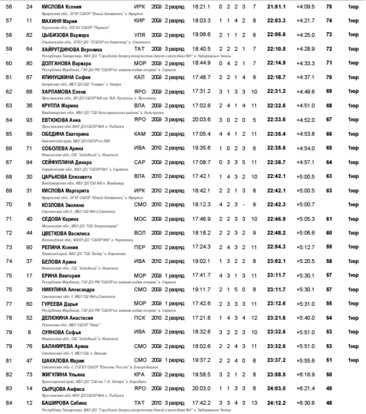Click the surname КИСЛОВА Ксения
[61, 7]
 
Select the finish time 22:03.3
[277, 21]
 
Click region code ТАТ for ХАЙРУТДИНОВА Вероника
[139, 49]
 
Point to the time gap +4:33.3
[305, 63]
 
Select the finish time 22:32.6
[277, 105]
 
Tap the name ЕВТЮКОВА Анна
[60, 119]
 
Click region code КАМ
[140, 133]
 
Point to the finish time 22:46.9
[277, 218]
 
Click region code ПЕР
[140, 247]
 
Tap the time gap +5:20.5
[305, 261]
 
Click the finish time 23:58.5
[277, 374]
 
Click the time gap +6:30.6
[305, 402]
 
